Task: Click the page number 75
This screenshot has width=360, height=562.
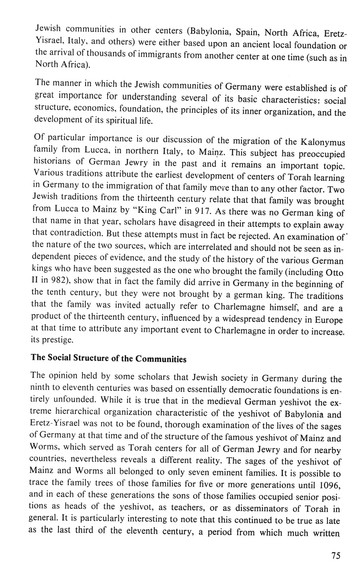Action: [336, 555]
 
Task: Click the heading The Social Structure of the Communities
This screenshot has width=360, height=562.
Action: [109, 359]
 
